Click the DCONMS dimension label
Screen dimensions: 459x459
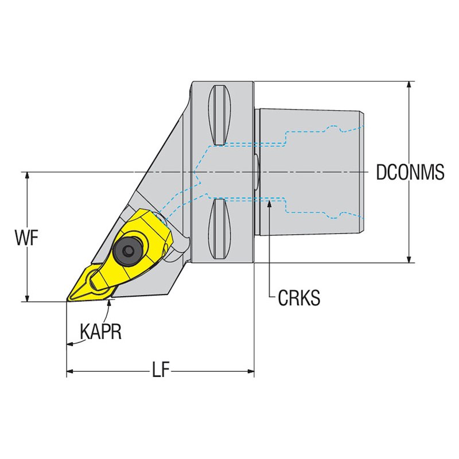(410, 172)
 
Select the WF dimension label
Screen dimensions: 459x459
(26, 238)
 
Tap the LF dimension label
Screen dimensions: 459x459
(161, 371)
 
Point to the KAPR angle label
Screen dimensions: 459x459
(101, 332)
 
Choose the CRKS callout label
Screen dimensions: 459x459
(299, 298)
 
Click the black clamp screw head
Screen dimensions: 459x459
(127, 250)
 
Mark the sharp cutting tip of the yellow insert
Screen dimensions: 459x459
(67, 301)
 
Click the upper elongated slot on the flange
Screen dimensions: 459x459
(220, 115)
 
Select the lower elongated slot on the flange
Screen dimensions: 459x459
(220, 228)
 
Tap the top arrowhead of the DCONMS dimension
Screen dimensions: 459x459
(409, 85)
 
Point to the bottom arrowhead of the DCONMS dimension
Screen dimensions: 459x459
(409, 259)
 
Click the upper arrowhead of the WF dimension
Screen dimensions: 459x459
(27, 176)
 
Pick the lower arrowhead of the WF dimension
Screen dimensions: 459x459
(27, 297)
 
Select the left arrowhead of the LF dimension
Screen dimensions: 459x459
(71, 371)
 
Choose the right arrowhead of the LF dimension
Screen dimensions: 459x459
(250, 371)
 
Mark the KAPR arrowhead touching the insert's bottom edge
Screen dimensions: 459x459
(110, 304)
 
